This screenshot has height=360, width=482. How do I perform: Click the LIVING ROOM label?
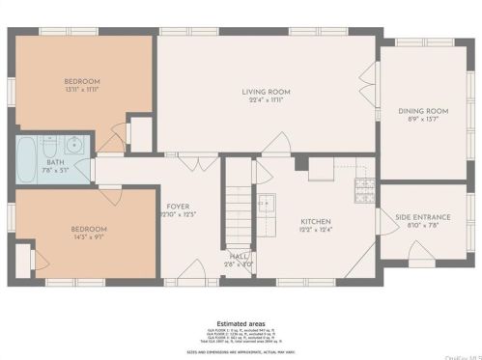click(x=266, y=92)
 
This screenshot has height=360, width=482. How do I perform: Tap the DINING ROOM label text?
click(x=423, y=111)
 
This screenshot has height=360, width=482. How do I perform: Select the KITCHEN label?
click(x=315, y=221)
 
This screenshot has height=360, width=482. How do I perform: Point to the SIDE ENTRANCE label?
click(x=423, y=217)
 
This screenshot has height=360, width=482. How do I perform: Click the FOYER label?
click(x=177, y=206)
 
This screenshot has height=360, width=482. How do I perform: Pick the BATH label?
click(x=55, y=162)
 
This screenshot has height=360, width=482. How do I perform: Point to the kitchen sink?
click(x=266, y=204)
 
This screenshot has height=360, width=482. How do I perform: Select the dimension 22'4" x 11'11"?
click(x=266, y=100)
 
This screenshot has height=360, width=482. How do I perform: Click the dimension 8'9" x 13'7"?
click(x=423, y=120)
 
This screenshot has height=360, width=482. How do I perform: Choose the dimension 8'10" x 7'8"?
click(x=423, y=226)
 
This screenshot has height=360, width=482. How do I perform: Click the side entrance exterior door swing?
click(x=420, y=256)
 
